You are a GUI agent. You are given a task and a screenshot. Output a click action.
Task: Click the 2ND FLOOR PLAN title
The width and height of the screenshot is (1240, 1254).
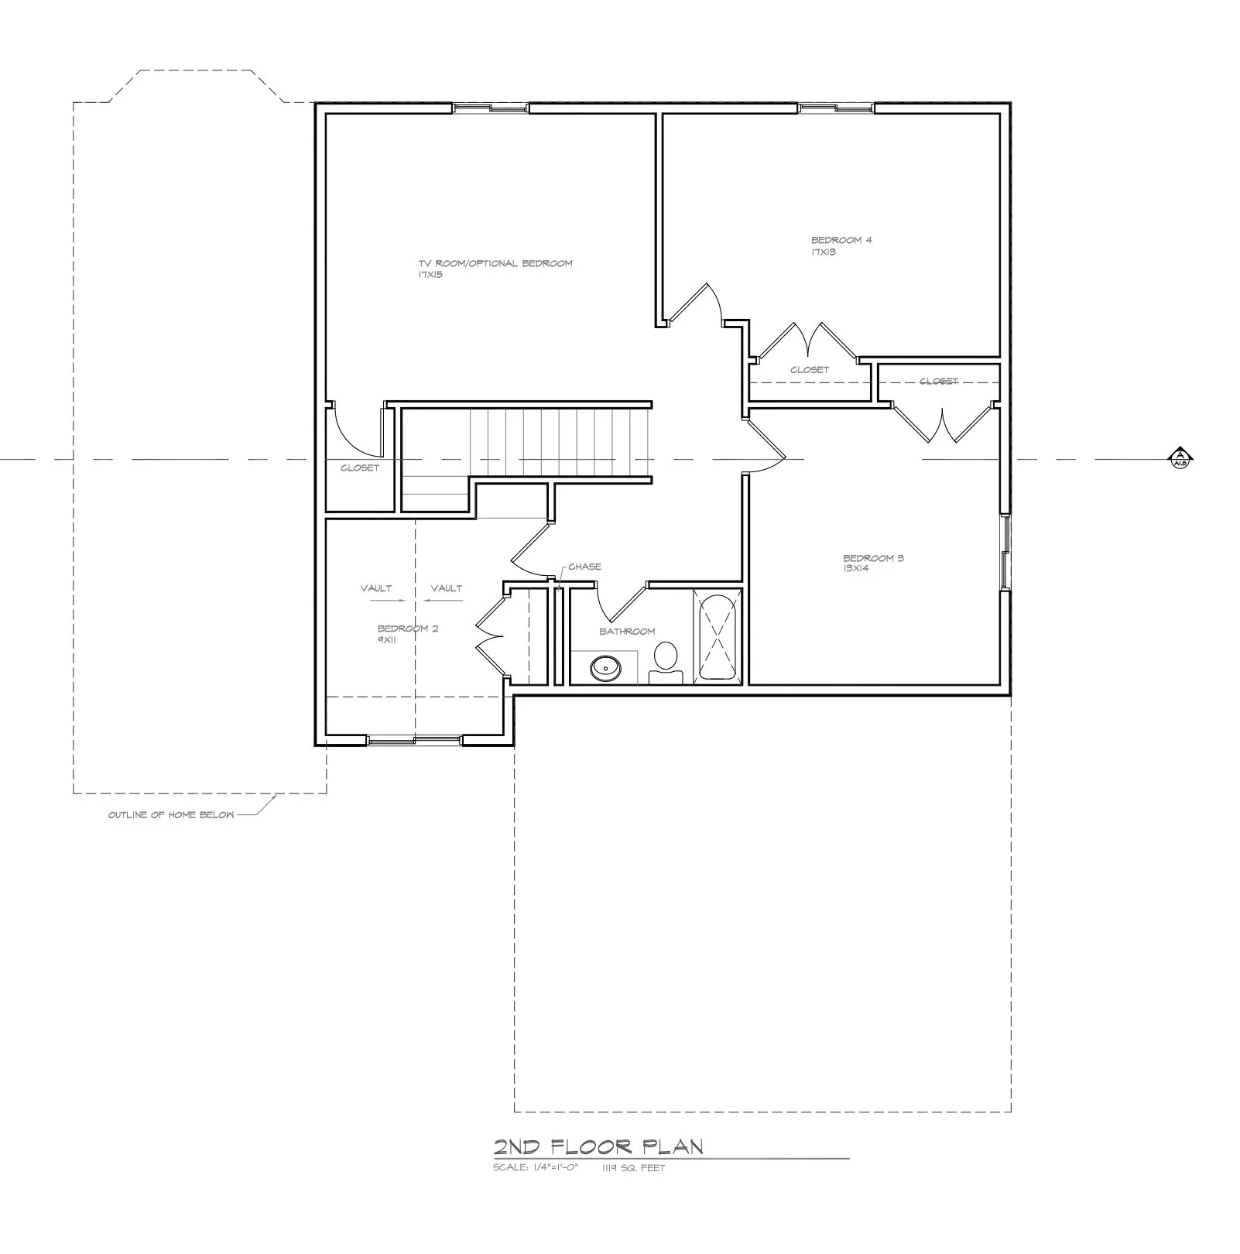point(598,1146)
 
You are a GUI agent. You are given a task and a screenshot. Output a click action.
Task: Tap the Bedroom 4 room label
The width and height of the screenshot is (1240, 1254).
point(841,240)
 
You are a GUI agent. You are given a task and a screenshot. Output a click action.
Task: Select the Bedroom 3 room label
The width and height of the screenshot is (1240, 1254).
point(873,558)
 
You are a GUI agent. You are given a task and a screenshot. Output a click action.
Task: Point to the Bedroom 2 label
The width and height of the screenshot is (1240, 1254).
point(407,629)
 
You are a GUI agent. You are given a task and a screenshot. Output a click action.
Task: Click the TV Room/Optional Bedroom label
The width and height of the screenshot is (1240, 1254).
point(495,263)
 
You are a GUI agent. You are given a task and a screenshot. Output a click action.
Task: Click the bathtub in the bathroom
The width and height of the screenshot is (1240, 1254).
point(718,637)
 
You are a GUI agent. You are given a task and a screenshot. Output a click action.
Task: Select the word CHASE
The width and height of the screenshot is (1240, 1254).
point(584,567)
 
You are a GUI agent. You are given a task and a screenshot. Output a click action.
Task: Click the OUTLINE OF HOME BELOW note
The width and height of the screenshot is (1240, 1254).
point(171,815)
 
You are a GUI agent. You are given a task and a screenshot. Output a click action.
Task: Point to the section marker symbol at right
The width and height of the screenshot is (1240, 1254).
point(1180,458)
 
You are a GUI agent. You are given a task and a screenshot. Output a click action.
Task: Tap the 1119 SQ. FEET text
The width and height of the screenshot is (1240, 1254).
point(633,1168)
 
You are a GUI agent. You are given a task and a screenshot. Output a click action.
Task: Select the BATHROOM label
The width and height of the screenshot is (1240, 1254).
point(627,632)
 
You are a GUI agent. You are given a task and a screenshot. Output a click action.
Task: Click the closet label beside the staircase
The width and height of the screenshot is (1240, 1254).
point(360,468)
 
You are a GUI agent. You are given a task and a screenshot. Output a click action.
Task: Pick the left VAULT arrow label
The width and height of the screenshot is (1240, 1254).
point(376,589)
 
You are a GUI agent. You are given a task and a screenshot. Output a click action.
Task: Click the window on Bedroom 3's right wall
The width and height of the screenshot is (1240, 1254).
point(1005,552)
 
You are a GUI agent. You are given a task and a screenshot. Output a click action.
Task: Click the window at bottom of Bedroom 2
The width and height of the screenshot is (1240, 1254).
point(414,741)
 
